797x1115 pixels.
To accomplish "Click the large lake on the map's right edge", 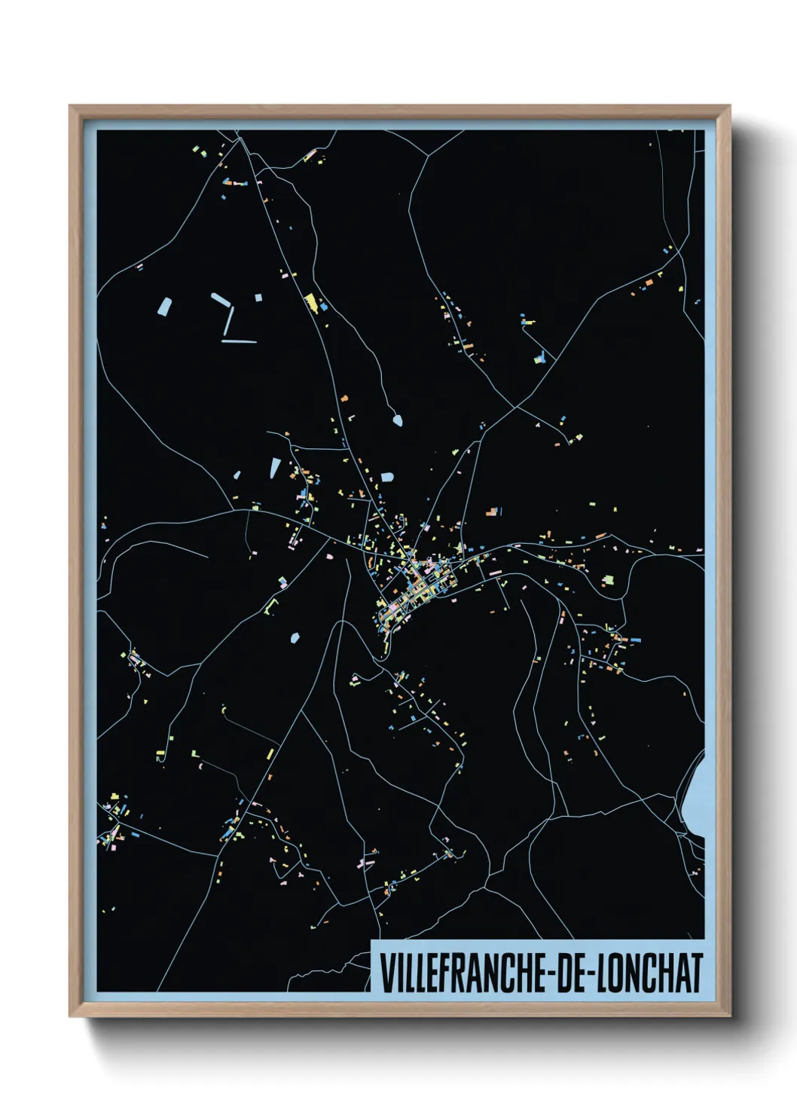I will point(696,799).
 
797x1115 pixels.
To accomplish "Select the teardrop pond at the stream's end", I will point(397,420).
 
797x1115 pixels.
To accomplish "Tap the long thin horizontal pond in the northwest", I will point(239,341).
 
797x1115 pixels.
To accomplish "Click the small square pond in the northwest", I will point(258,298).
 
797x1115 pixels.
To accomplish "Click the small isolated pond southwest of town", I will point(295,638).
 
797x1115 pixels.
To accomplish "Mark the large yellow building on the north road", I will point(310,303).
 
